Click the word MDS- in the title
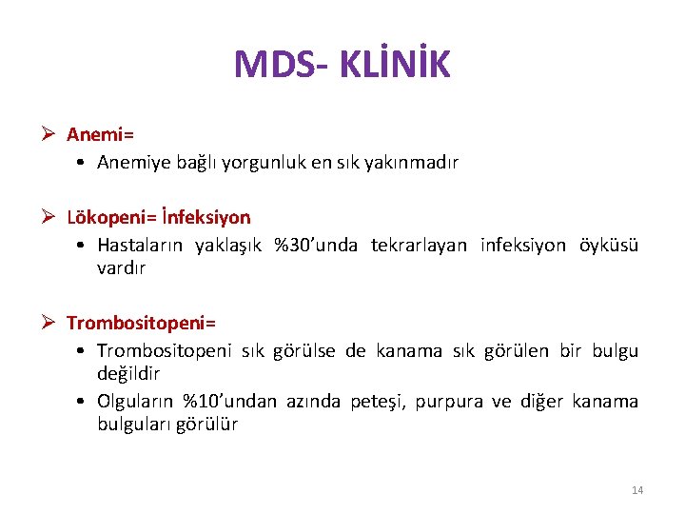277,64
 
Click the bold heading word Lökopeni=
105,218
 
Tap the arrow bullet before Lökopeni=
50,218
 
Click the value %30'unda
315,246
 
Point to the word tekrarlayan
420,246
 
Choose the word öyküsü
609,246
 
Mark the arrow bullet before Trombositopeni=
50,324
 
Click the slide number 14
637,490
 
